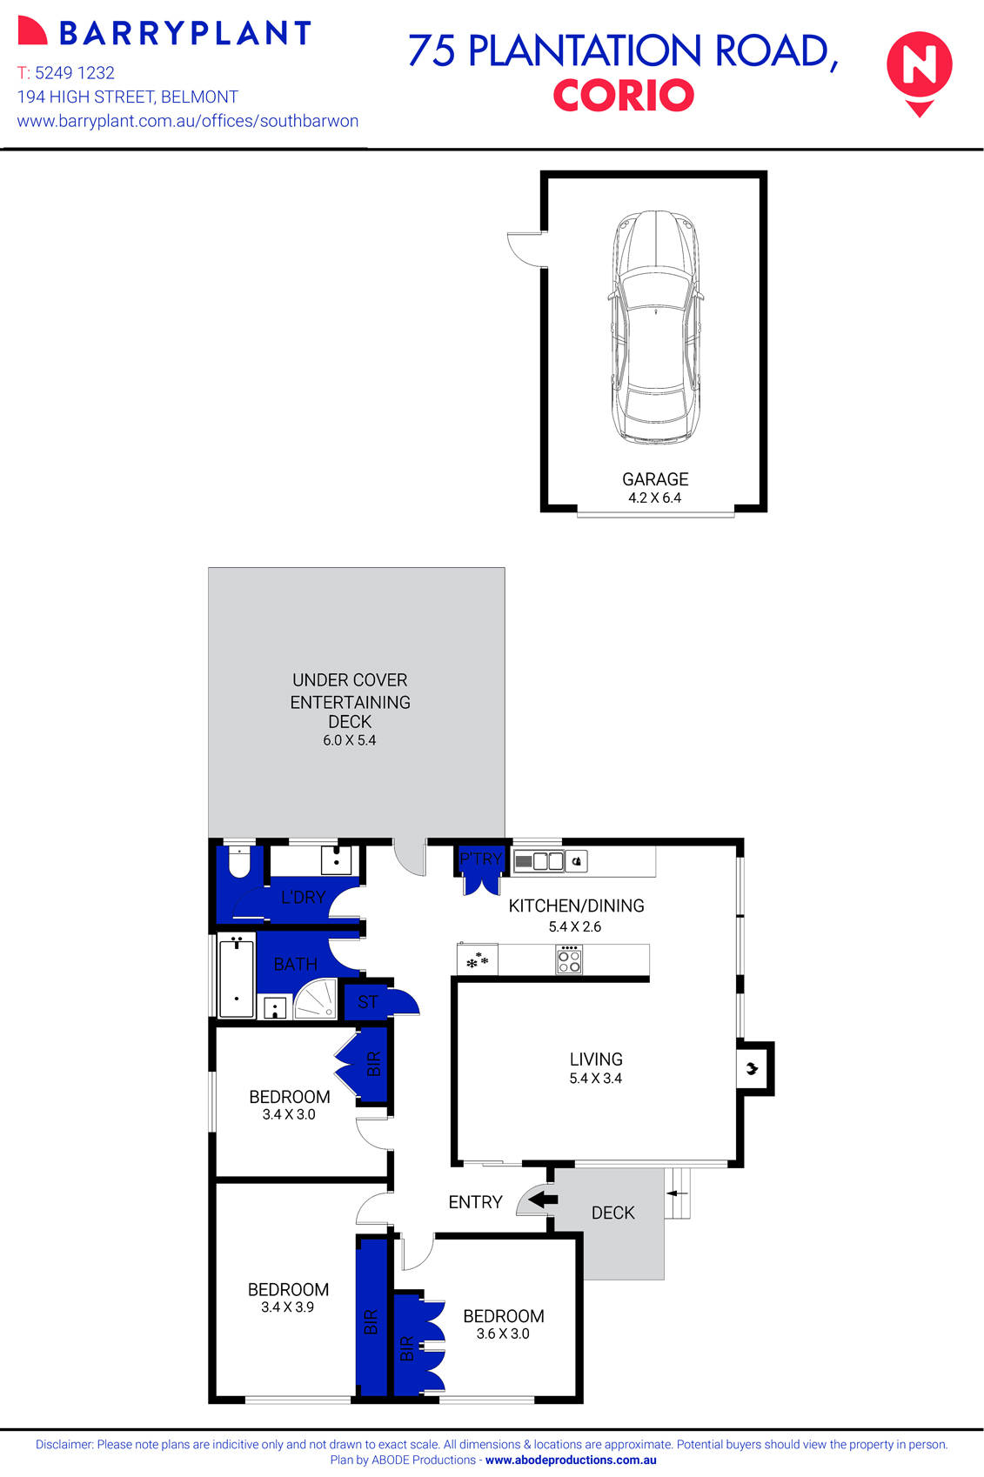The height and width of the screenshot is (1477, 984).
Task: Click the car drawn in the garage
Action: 655,326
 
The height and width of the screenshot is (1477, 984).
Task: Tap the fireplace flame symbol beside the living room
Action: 752,1067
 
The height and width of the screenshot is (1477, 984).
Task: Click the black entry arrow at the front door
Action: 544,1200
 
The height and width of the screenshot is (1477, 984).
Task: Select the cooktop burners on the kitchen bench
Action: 569,960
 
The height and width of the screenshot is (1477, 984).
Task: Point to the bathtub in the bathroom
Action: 236,979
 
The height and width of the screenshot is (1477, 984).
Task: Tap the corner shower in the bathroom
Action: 315,999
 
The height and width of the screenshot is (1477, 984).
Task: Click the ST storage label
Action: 368,1002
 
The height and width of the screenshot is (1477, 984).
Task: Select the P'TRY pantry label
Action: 480,859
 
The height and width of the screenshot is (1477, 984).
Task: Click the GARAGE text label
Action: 655,479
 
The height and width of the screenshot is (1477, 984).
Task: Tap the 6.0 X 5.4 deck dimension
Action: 350,740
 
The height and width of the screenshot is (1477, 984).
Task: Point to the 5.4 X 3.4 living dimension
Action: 596,1079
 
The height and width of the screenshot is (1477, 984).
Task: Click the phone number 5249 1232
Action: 75,73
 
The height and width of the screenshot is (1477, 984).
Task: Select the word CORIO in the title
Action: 623,96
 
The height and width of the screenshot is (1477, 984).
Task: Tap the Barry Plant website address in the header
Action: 188,121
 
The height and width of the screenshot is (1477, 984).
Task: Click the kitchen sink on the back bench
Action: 540,862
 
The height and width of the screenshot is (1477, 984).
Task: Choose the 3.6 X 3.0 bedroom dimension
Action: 503,1333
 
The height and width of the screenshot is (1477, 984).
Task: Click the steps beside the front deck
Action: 678,1193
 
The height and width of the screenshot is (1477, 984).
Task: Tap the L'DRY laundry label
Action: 303,897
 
